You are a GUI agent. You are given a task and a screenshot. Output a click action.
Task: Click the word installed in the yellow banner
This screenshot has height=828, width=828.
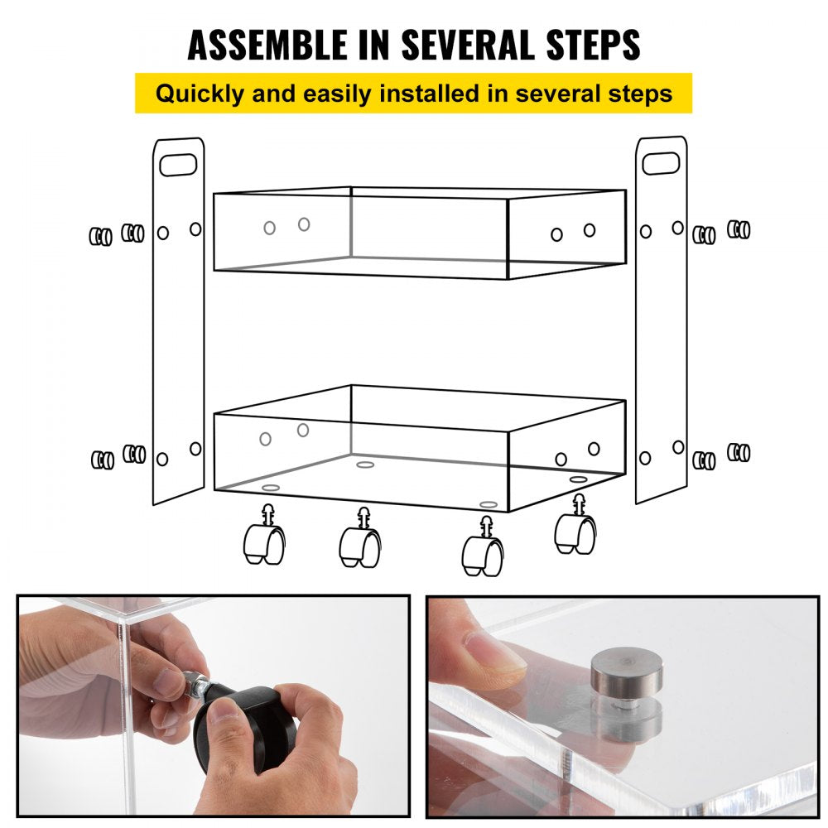point(439,93)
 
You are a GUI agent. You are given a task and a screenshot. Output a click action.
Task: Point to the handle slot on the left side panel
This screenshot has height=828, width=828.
point(178,164)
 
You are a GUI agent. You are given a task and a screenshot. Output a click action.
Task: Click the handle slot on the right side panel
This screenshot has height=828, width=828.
point(661,164)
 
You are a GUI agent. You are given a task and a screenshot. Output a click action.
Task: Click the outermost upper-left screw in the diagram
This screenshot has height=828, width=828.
point(100,237)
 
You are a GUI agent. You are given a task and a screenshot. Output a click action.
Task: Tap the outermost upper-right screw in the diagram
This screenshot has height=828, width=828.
point(739,229)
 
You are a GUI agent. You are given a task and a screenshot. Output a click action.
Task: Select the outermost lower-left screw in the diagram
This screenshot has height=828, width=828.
point(102,460)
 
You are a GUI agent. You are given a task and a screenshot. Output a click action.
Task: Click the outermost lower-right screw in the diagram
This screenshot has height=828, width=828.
point(739,453)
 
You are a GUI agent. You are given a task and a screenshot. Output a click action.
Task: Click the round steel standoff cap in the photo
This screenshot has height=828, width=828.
point(626,671)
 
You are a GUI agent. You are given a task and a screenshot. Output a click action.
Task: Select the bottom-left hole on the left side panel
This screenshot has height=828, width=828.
point(162,459)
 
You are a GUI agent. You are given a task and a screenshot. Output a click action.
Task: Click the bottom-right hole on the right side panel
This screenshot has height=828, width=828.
point(678,447)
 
